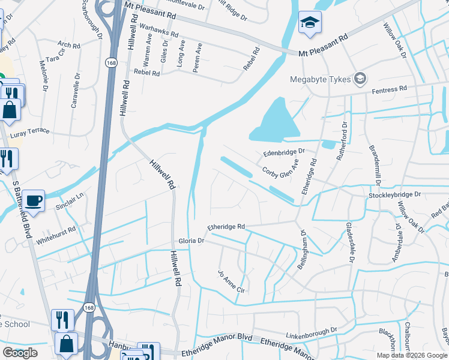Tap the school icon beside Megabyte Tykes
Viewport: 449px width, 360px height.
click(360, 78)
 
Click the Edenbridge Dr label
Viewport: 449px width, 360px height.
click(284, 152)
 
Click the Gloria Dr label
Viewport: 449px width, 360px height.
click(191, 241)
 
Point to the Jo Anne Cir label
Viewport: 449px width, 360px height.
click(233, 281)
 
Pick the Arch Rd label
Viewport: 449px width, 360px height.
click(69, 45)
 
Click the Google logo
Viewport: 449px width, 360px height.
click(20, 353)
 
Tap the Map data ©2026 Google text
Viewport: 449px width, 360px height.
click(411, 355)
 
